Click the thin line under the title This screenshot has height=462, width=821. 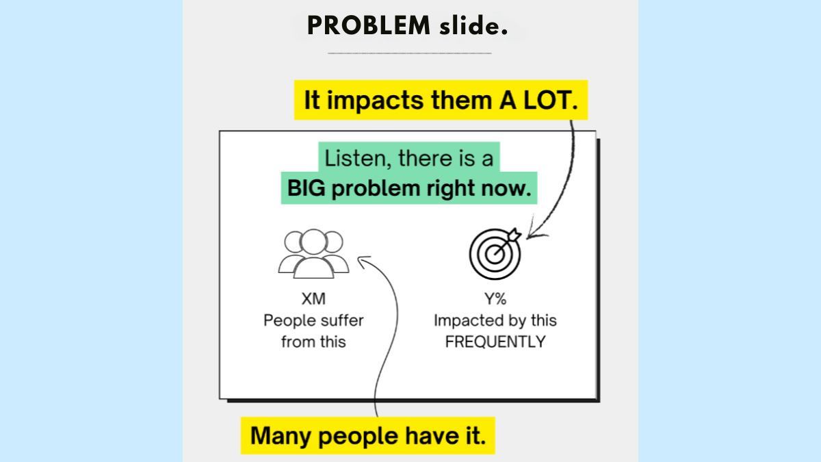coord(409,53)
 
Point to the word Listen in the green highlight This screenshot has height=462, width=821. coord(350,159)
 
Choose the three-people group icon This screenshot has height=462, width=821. coord(313,253)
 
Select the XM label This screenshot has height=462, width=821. coord(313,299)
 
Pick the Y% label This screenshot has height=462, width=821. coord(495,299)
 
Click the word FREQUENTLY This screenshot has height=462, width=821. coord(495,342)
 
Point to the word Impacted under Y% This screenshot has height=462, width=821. coord(465,320)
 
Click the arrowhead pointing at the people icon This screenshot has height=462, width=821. coord(361,260)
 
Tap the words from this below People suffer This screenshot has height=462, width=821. coord(313,342)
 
